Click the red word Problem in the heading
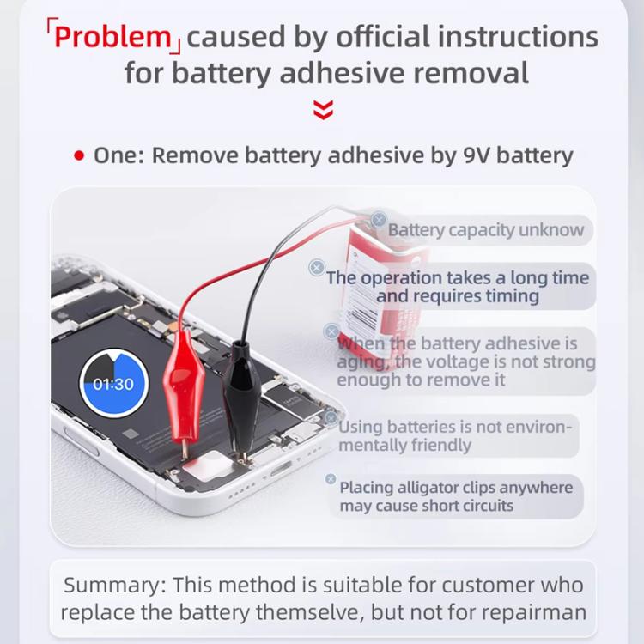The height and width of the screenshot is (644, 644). pos(112,37)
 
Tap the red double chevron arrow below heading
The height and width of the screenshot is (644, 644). pos(323,110)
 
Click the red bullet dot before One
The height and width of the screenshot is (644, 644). pos(79,156)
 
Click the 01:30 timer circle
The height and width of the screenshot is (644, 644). pos(113,384)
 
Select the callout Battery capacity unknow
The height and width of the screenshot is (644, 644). pos(485,230)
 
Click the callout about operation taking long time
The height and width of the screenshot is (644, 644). pos(457,287)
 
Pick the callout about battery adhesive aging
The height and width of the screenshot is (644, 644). pos(465,361)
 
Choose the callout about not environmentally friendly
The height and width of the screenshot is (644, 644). pos(454,436)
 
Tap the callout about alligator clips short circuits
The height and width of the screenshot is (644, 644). pos(455,496)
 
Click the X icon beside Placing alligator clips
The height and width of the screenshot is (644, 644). pos(331,480)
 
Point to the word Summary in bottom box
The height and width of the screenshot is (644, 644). pos(113,586)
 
